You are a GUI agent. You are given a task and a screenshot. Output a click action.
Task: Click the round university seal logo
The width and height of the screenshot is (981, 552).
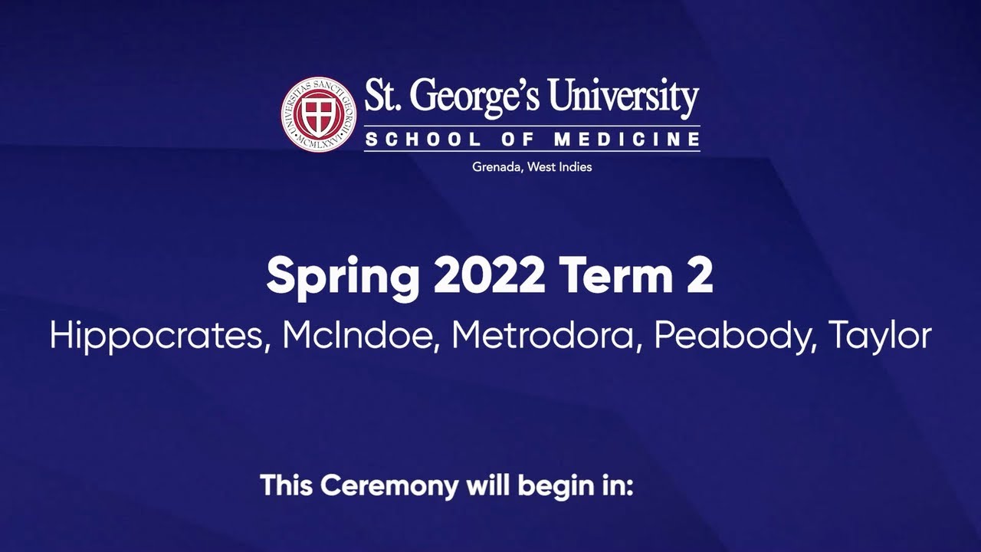tap(318, 114)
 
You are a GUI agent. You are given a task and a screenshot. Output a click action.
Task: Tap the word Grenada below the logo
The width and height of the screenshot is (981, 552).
tap(497, 167)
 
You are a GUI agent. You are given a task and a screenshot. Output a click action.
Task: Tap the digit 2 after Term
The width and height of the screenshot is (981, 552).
tap(700, 278)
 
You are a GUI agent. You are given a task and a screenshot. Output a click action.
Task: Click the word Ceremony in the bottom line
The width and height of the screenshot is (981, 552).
tap(389, 486)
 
